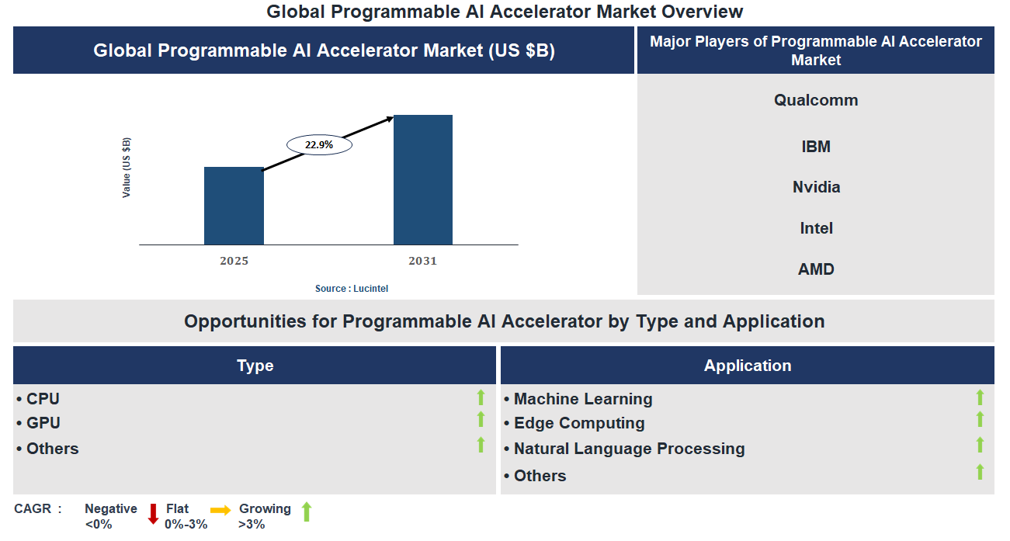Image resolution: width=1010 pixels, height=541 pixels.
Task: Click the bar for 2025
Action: point(234,206)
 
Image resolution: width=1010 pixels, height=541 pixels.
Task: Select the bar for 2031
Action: point(423,180)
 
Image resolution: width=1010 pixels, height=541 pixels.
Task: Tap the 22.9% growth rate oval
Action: point(319,144)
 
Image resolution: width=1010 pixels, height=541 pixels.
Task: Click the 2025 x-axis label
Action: point(234,261)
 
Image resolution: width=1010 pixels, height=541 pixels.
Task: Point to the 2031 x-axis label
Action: point(423,261)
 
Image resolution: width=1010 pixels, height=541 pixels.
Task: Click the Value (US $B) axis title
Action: point(127,168)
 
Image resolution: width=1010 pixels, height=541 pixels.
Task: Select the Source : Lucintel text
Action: point(351,289)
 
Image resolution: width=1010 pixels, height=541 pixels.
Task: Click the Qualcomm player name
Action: point(816,100)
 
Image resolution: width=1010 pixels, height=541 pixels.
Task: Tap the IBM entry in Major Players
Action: point(816,147)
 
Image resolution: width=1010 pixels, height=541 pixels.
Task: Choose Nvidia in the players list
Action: point(816,187)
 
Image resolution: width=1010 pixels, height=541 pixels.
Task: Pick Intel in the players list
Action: point(816,228)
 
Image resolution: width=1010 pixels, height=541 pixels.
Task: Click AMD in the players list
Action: point(816,269)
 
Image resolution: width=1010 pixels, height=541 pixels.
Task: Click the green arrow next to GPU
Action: point(481,420)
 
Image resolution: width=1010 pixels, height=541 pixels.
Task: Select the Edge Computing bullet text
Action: point(578,423)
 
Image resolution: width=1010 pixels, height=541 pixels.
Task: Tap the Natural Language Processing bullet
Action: point(629,449)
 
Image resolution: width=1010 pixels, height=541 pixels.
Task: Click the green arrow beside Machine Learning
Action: point(980,397)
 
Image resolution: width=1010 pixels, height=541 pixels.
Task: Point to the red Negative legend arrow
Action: point(153,514)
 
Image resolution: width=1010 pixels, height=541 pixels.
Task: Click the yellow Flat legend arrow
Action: point(220,510)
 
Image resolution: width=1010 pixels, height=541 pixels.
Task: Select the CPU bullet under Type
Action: point(43,399)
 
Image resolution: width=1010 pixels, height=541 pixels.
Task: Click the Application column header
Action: point(747,366)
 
